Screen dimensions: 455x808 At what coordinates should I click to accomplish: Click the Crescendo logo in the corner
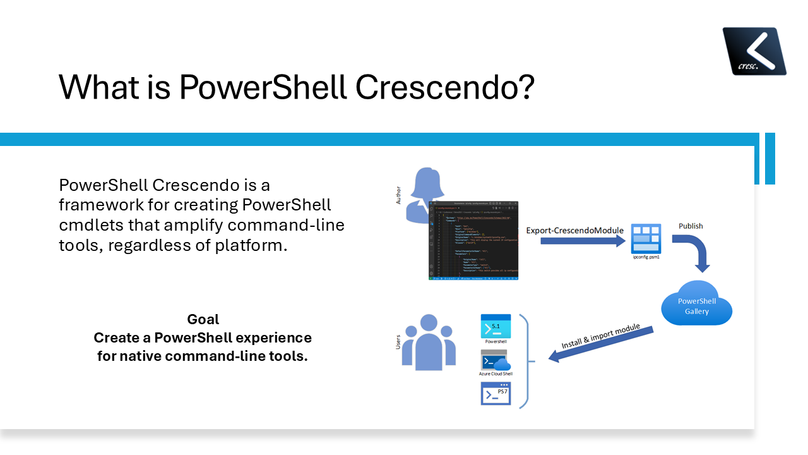(754, 51)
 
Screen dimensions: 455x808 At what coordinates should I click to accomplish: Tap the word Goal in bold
(203, 319)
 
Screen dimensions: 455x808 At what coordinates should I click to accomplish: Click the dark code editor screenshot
(473, 241)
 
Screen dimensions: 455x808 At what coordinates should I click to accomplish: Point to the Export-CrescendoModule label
(575, 230)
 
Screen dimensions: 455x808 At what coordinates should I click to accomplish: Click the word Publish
(691, 226)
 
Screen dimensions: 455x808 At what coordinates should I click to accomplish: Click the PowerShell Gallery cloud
(697, 306)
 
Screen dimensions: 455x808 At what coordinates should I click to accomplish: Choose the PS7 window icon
(496, 393)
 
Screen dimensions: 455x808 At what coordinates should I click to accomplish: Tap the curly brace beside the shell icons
(526, 361)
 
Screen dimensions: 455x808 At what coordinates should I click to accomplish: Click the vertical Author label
(398, 195)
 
